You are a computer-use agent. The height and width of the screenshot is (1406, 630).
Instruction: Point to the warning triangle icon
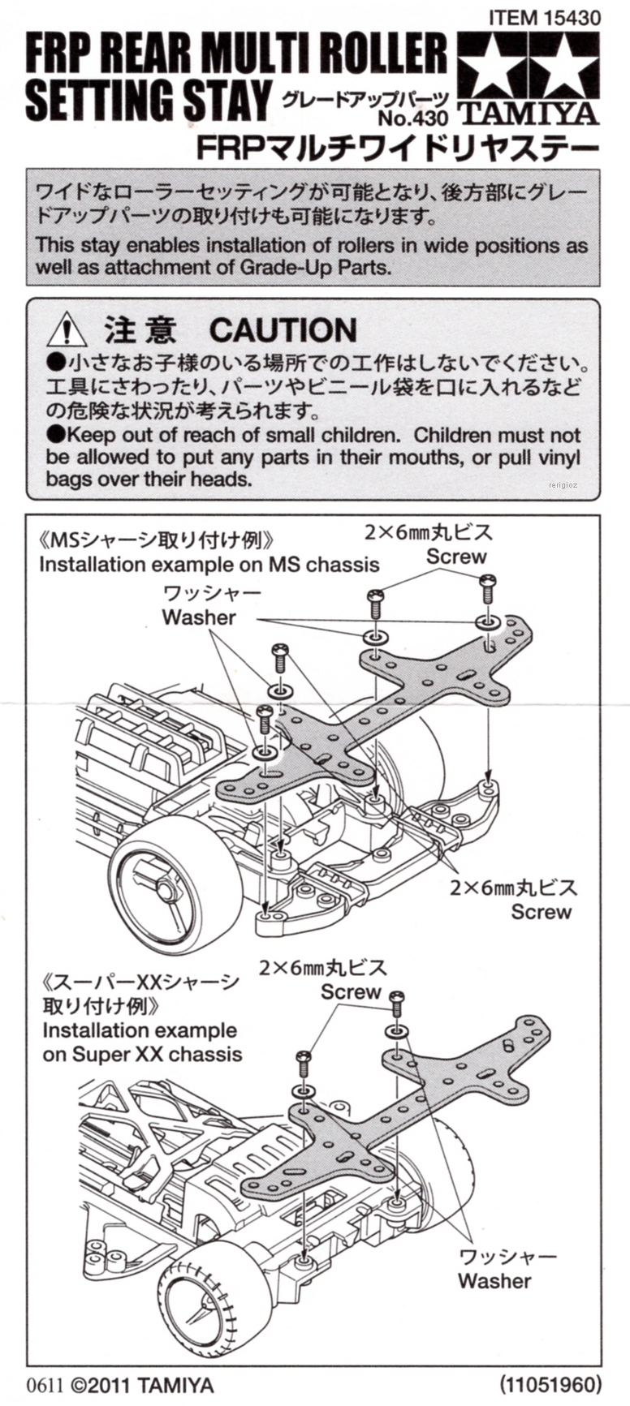pos(67,331)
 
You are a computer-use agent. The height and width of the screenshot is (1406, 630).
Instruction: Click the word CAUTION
pos(283,330)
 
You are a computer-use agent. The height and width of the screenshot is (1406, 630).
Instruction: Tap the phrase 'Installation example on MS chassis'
pos(209,564)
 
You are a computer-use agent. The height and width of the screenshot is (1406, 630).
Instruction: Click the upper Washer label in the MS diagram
pos(199,617)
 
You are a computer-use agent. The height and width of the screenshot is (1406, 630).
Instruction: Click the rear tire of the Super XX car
pos(206,1301)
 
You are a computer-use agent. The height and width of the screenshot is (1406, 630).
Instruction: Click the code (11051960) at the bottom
pos(550,1383)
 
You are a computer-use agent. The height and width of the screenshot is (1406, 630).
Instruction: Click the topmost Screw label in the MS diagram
pos(456,557)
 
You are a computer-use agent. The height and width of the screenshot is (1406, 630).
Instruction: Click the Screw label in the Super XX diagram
pos(351,991)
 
